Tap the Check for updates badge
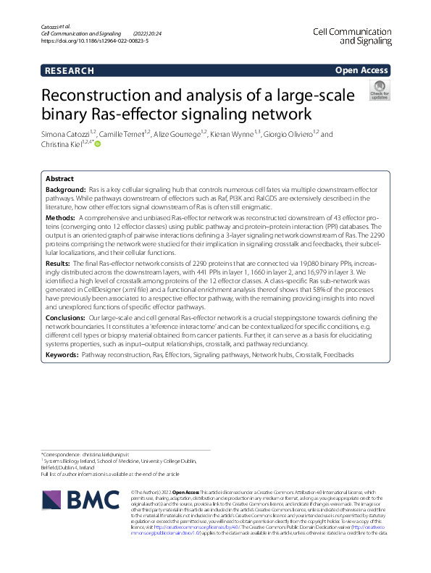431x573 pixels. click(379, 91)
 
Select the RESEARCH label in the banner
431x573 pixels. click(69, 70)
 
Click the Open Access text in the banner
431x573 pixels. click(361, 70)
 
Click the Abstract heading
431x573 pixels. click(59, 178)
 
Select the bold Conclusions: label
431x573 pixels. click(67, 317)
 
